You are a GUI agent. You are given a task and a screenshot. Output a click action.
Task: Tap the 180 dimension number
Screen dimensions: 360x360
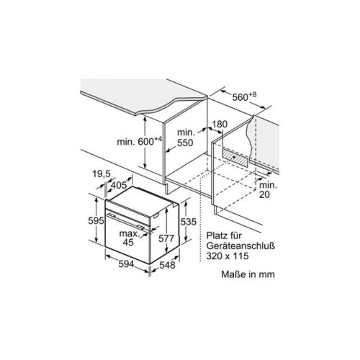pos(220,125)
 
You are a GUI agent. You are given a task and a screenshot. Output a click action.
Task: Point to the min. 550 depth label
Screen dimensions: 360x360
pos(186,138)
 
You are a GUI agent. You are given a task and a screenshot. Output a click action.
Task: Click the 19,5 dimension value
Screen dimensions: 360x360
pos(102,174)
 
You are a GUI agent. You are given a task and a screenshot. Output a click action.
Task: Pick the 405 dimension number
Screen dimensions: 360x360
pos(119,185)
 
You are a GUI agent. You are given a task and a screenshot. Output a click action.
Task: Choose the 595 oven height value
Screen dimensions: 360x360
pos(96,220)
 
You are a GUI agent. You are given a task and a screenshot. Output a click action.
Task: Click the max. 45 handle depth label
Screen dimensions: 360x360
pos(129,238)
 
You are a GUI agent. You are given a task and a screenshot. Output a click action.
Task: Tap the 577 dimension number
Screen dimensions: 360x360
pos(166,238)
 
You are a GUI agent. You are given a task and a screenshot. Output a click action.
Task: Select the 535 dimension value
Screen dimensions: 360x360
pos(189,222)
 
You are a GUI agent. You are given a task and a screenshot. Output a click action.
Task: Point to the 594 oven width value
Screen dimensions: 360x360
pos(126,264)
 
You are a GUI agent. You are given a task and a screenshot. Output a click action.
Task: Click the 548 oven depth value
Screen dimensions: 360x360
pos(168,265)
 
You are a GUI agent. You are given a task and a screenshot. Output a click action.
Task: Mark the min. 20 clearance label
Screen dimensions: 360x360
pos(268,189)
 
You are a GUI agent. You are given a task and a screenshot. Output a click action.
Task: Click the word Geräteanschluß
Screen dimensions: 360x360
pos(240,246)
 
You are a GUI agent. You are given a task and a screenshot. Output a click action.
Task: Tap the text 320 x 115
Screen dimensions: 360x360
pos(228,256)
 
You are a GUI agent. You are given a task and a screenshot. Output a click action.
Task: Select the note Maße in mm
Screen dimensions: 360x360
pos(248,274)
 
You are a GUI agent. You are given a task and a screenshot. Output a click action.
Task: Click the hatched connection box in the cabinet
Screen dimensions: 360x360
pos(235,157)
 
